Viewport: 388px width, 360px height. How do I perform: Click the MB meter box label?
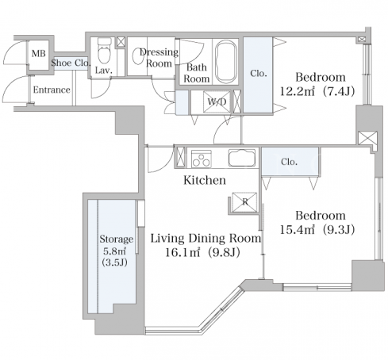pyautogui.click(x=38, y=53)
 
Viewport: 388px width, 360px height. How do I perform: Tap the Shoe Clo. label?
pyautogui.click(x=71, y=63)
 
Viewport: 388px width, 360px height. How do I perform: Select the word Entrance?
pyautogui.click(x=52, y=90)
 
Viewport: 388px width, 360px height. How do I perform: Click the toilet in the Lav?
pyautogui.click(x=105, y=51)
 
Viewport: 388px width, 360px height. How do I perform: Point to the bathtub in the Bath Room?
pyautogui.click(x=225, y=62)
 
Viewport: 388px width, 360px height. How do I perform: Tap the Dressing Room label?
pyautogui.click(x=159, y=58)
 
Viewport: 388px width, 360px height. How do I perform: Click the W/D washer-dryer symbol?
pyautogui.click(x=217, y=101)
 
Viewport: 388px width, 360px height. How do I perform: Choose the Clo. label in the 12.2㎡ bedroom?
pyautogui.click(x=259, y=73)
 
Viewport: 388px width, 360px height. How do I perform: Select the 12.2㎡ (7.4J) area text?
pyautogui.click(x=317, y=92)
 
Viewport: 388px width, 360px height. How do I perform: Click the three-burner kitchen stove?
pyautogui.click(x=202, y=159)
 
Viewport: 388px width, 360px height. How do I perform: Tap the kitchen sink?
pyautogui.click(x=242, y=158)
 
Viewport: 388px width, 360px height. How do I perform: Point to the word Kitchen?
pyautogui.click(x=205, y=180)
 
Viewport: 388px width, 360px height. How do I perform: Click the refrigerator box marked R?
pyautogui.click(x=244, y=202)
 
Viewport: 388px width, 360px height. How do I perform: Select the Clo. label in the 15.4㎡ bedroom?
pyautogui.click(x=289, y=162)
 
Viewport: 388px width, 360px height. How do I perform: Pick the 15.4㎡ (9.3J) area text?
pyautogui.click(x=317, y=230)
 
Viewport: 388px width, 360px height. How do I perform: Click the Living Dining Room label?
pyautogui.click(x=206, y=239)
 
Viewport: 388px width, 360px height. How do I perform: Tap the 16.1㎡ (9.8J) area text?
pyautogui.click(x=202, y=252)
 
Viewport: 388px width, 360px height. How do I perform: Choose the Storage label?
pyautogui.click(x=117, y=239)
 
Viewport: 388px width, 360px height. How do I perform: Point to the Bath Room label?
pyautogui.click(x=197, y=73)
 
